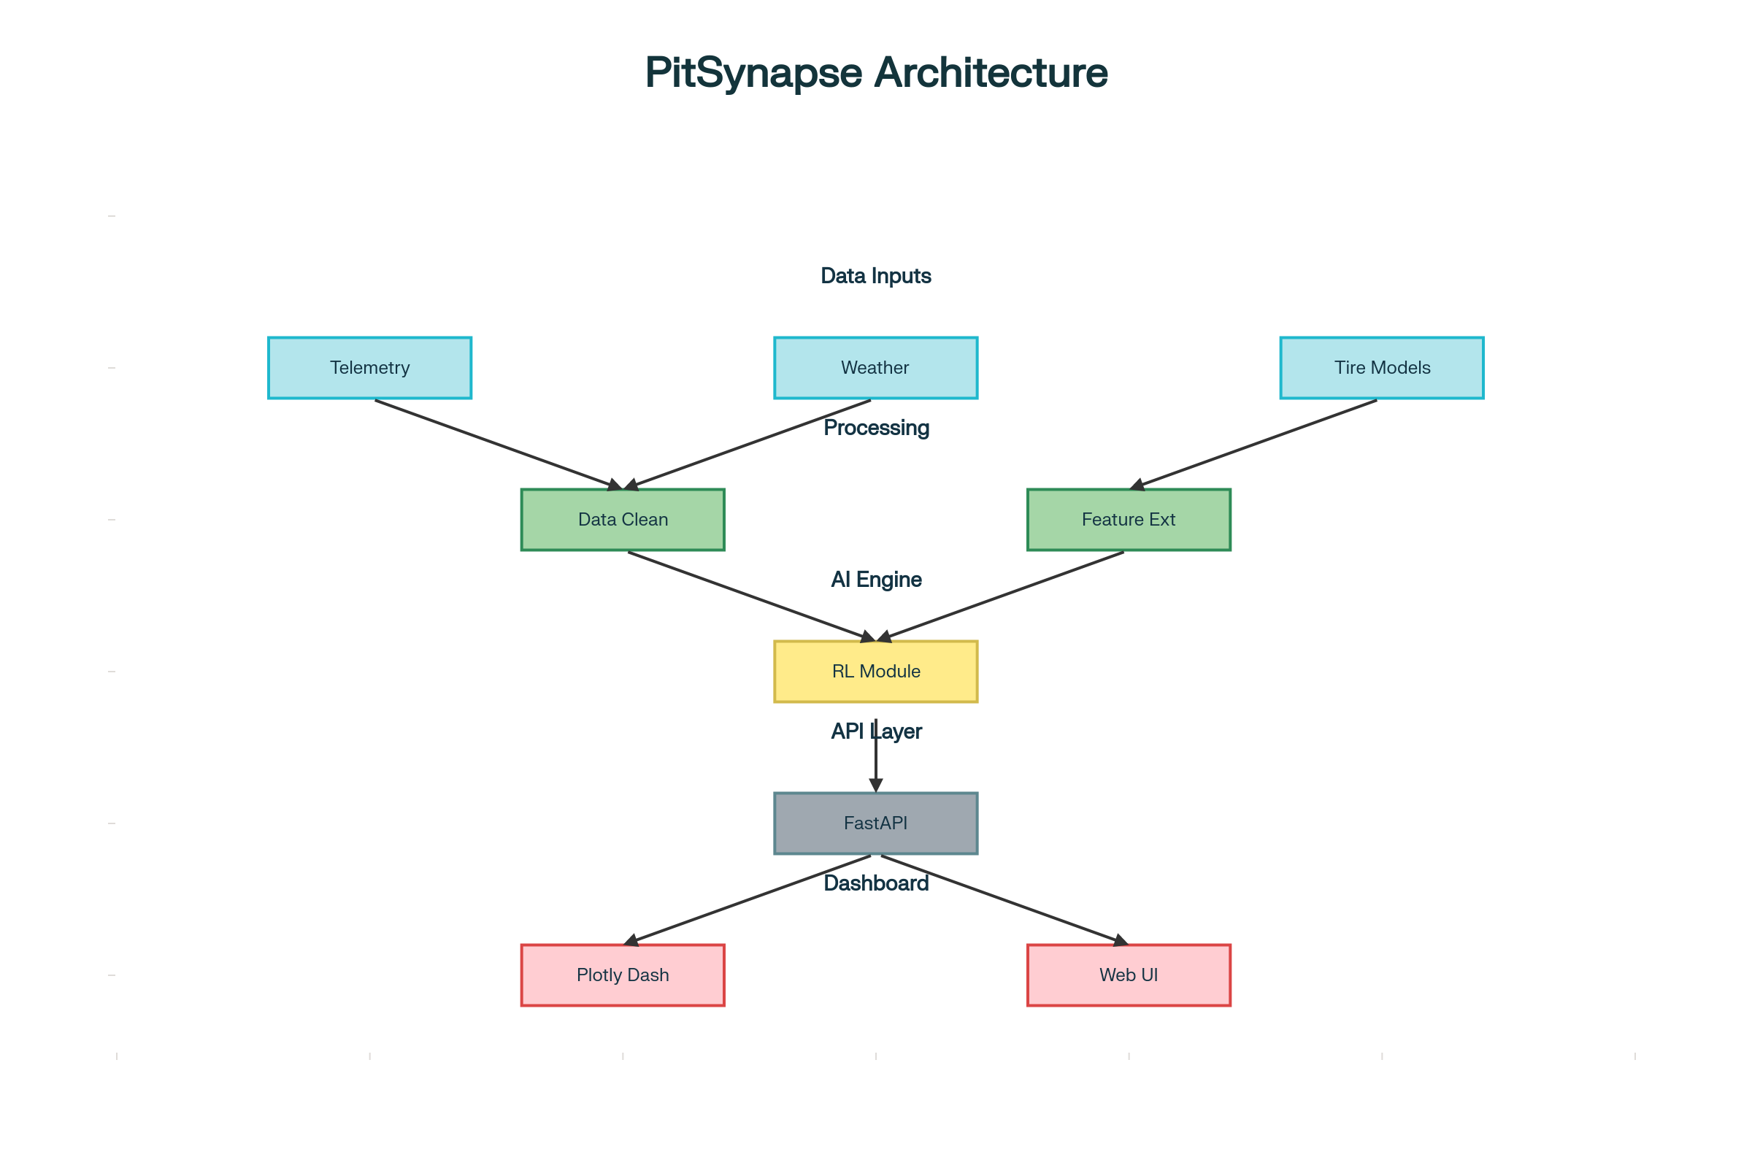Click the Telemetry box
pos(369,368)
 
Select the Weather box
pos(875,368)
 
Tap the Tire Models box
pos(1382,368)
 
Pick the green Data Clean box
pos(623,520)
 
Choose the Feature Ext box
pos(1129,520)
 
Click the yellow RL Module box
pos(875,672)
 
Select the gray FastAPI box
pos(875,823)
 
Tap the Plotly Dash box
pos(623,975)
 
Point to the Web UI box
pos(1129,975)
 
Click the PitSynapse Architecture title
pos(876,73)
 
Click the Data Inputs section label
pos(876,277)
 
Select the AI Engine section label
pos(876,580)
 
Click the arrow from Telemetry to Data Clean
pos(498,445)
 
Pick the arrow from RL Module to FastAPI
pos(876,764)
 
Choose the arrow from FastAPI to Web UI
pos(1002,900)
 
